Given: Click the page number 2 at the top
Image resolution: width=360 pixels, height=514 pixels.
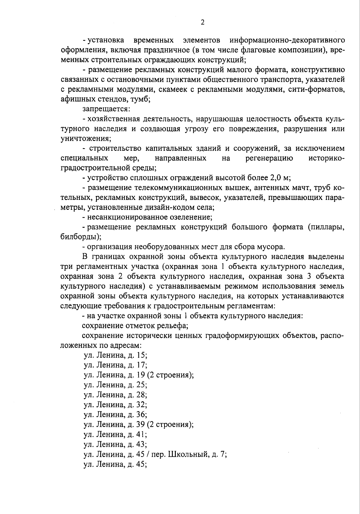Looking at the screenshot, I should (202, 22).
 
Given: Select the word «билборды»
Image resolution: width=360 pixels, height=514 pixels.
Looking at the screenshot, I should (80, 237).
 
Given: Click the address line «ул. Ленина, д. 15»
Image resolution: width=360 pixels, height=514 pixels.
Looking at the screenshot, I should (115, 355).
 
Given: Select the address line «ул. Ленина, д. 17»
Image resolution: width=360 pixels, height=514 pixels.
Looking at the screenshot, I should (115, 365).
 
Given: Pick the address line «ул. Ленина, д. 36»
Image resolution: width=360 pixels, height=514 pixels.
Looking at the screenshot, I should (115, 415).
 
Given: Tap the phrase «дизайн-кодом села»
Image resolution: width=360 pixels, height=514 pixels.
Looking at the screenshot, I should (182, 207).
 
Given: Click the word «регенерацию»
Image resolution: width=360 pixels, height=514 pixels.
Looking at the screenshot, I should (269, 158).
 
